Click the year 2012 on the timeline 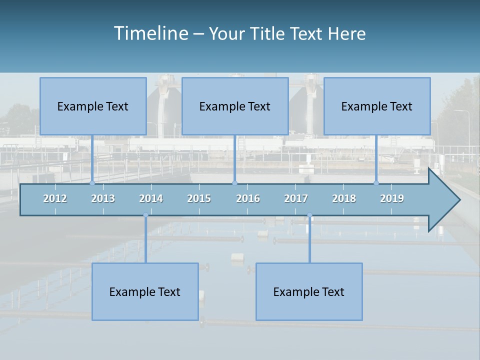[55, 198]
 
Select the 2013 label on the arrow [103, 198]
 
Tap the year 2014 [151, 198]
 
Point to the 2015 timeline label [199, 198]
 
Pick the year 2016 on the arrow [248, 198]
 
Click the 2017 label [296, 198]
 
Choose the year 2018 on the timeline [344, 198]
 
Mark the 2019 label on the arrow [392, 198]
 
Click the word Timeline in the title [150, 33]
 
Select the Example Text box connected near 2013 [93, 106]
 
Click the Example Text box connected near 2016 [235, 106]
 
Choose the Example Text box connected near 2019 [377, 106]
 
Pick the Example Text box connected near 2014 [145, 291]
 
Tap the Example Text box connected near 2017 [309, 291]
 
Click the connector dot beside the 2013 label [92, 183]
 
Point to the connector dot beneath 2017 [309, 215]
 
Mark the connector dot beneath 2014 [145, 215]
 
